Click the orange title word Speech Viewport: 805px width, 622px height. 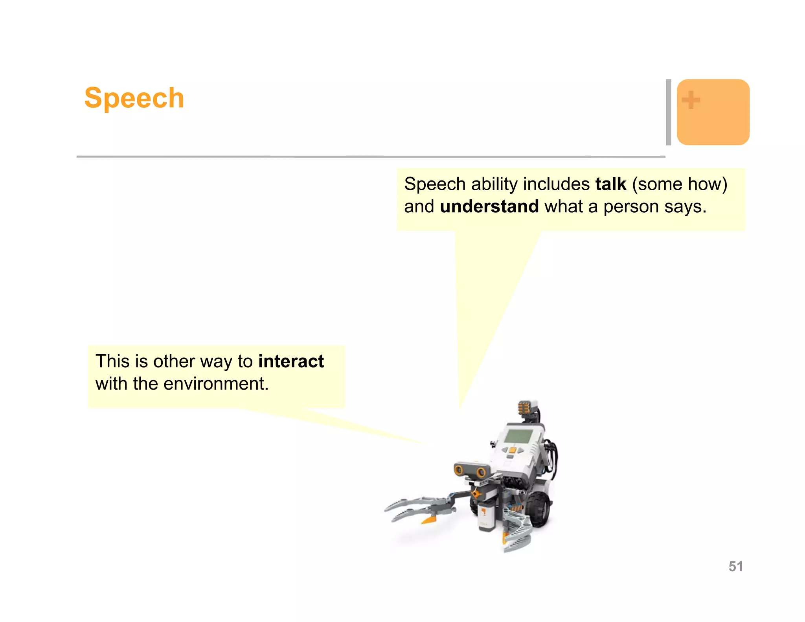[x=134, y=98]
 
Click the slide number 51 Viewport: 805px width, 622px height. [x=735, y=566]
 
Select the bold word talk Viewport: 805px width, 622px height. [x=610, y=184]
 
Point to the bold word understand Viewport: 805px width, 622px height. [x=489, y=207]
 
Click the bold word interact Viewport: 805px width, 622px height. [x=291, y=361]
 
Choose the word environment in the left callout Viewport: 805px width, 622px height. [x=216, y=384]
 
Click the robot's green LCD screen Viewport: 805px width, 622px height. [x=518, y=436]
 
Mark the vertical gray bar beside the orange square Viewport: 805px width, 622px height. [x=668, y=112]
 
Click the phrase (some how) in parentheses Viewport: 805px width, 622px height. [x=680, y=184]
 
